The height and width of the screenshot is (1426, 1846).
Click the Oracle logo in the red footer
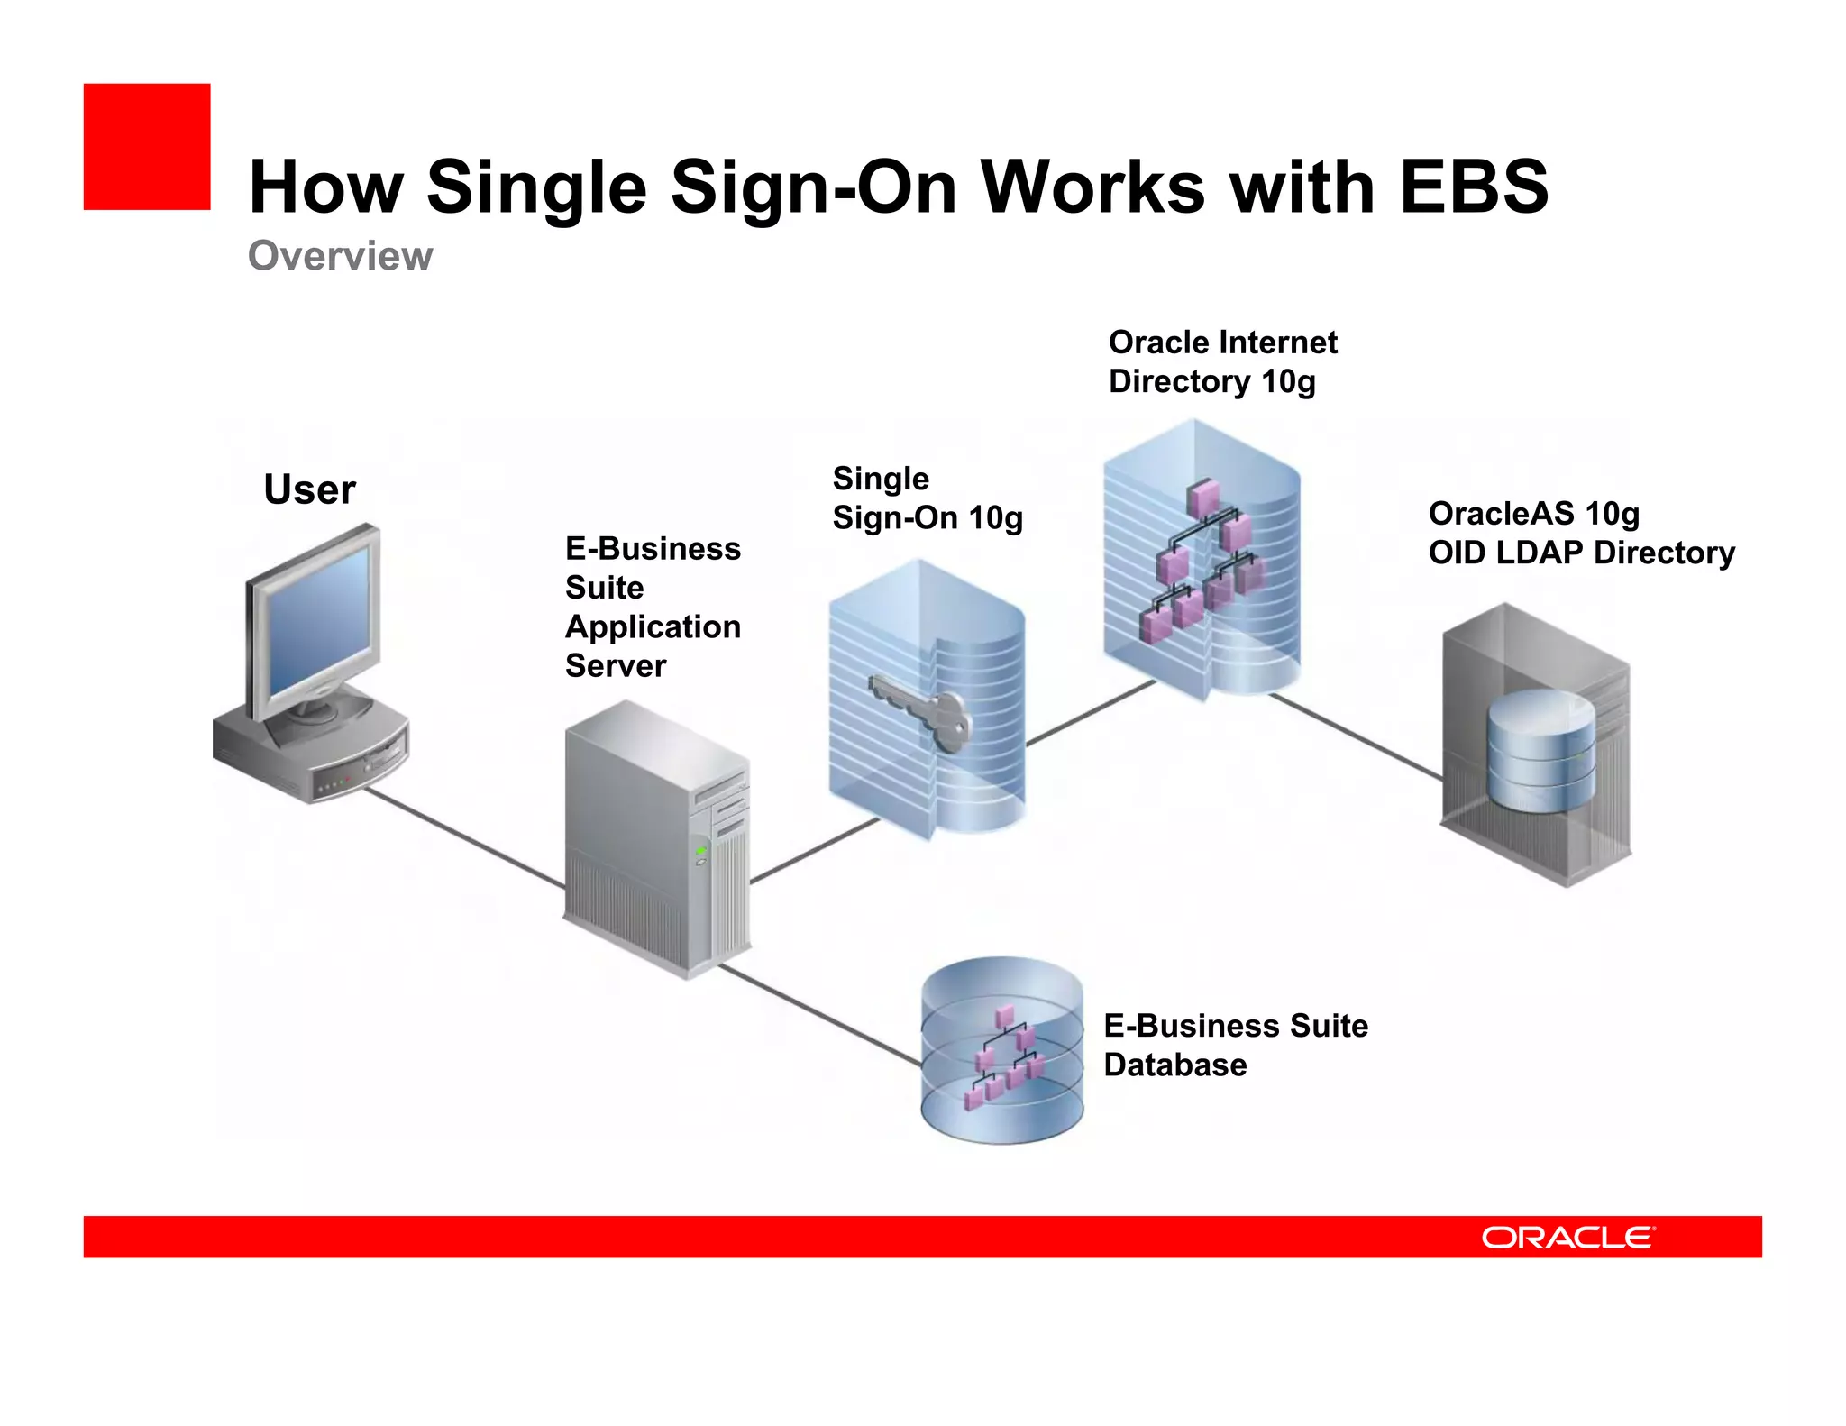point(1567,1237)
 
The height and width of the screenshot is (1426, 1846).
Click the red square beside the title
point(147,147)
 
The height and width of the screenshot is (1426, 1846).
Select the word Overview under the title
point(340,256)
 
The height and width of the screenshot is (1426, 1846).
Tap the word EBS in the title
point(1473,187)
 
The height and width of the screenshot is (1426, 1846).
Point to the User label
point(309,489)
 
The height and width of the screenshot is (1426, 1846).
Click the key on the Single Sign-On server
point(924,712)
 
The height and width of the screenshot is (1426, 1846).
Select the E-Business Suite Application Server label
point(653,607)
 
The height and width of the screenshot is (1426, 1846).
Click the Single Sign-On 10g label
point(927,498)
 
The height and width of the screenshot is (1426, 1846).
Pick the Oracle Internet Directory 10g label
point(1222,361)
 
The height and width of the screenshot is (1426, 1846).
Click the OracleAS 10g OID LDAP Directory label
point(1581,533)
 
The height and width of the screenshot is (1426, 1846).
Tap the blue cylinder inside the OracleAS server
point(1540,749)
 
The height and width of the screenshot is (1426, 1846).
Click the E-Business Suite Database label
point(1235,1045)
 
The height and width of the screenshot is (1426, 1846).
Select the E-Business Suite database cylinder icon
point(1001,1051)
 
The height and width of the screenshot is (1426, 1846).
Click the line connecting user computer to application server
point(464,837)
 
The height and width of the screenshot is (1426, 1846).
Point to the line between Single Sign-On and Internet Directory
point(1091,712)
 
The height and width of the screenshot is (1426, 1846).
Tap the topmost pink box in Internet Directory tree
point(1203,497)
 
